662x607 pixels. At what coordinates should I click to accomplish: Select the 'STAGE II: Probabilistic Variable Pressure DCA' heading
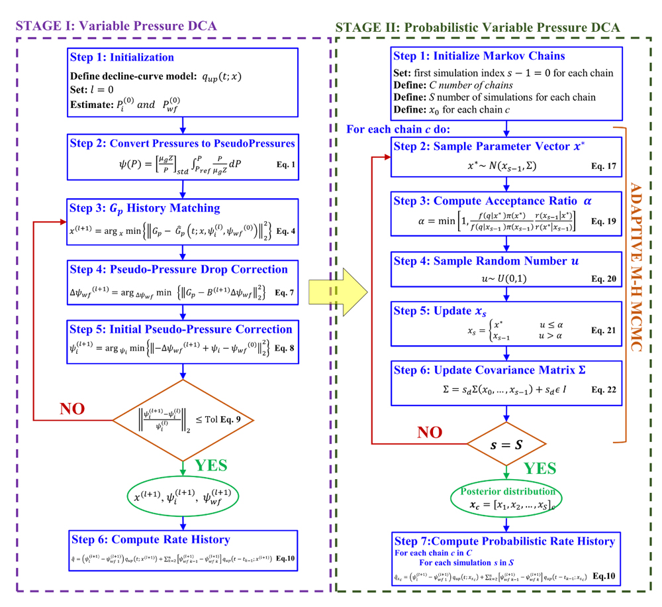(477, 28)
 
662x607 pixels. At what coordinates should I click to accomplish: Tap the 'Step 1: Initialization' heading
(122, 58)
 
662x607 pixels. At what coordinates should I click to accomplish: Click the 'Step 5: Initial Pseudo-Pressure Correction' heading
(181, 329)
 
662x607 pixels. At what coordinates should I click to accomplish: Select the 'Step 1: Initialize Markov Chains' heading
(479, 56)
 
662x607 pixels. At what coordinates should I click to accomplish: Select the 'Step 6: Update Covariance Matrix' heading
(489, 370)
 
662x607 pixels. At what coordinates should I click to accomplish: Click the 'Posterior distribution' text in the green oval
(506, 491)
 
